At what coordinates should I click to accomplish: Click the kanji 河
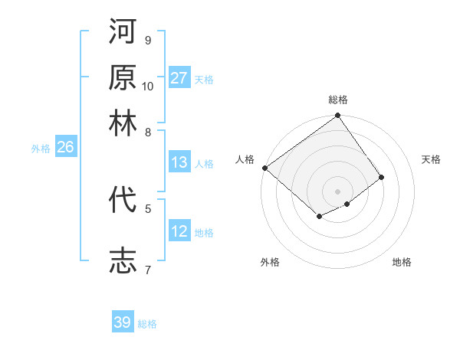click(123, 33)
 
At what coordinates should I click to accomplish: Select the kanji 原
click(123, 77)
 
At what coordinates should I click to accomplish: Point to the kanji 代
click(123, 200)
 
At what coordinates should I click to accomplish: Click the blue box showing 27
click(179, 78)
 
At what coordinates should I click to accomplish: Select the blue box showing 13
click(179, 162)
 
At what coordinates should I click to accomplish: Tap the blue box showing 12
click(179, 231)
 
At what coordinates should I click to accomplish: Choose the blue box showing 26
click(65, 148)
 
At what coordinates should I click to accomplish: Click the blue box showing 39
click(123, 322)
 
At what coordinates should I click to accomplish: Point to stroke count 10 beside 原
click(148, 86)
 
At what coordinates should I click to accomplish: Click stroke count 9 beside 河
click(148, 40)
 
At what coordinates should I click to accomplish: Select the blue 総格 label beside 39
click(148, 324)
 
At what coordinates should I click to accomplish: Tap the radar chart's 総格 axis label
click(338, 100)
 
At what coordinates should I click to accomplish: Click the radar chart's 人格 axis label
click(245, 159)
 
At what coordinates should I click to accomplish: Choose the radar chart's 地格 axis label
click(402, 262)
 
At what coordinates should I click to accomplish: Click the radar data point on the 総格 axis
click(338, 116)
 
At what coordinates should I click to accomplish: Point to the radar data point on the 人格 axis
click(264, 168)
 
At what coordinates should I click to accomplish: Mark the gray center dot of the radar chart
click(338, 191)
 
